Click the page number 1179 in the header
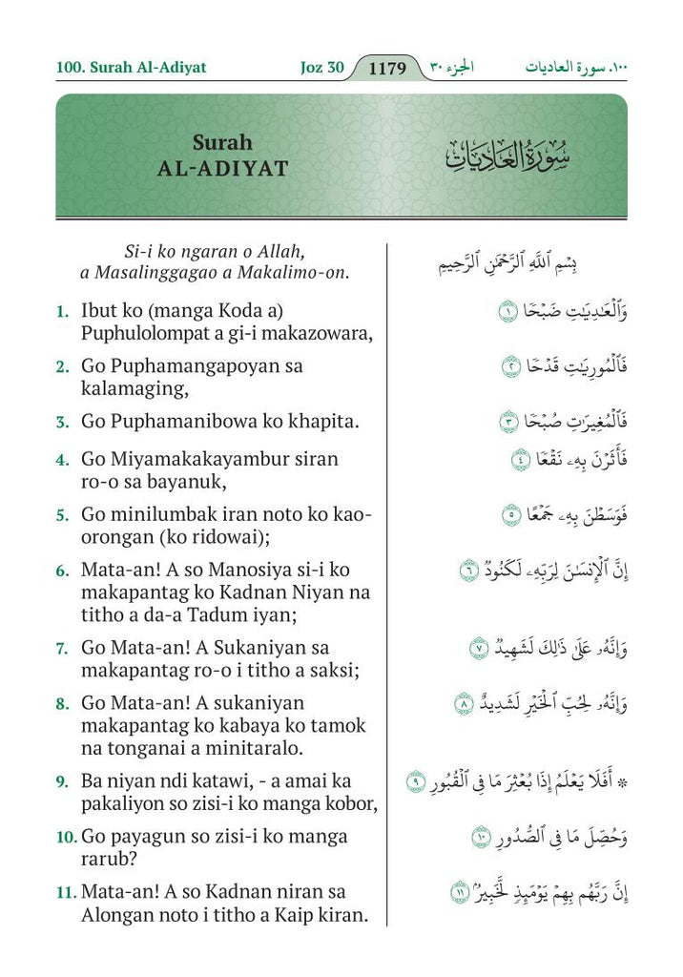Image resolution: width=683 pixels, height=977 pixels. tap(387, 68)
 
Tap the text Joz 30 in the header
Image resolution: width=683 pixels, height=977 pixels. tap(315, 68)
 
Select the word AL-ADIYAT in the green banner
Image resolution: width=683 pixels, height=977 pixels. tap(222, 169)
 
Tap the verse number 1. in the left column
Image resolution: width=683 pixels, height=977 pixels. tap(62, 311)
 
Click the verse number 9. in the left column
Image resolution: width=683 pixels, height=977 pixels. tap(62, 781)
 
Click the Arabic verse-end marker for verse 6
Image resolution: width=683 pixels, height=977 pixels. tap(468, 570)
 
